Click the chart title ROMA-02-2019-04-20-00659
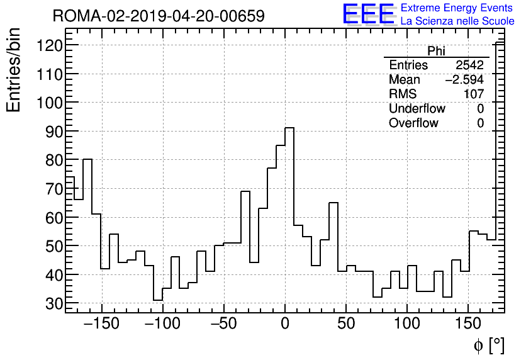point(159,16)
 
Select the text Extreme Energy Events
point(456,8)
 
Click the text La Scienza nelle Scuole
point(457,21)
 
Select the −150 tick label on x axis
point(102,324)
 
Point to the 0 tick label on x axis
point(285,324)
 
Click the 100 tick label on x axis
point(407,324)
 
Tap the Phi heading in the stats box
point(436,52)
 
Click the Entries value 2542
point(469,65)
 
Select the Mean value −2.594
point(464,80)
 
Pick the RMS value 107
point(474,94)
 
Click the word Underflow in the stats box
point(417,109)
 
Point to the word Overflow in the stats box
point(413,123)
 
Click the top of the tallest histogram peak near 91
point(289,128)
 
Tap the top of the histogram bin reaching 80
point(87,159)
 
